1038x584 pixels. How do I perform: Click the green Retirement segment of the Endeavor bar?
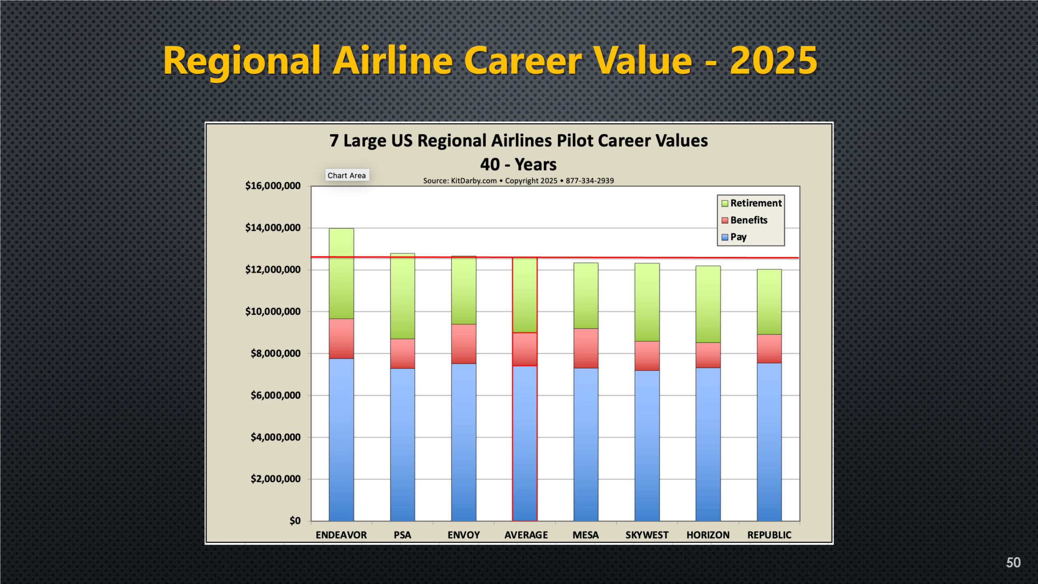[x=341, y=273]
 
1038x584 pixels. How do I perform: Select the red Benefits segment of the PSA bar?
[x=402, y=353]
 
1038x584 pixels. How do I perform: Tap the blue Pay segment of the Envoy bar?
[x=463, y=442]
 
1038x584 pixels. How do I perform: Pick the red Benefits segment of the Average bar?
[x=525, y=349]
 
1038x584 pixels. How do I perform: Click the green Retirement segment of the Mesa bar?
[x=585, y=296]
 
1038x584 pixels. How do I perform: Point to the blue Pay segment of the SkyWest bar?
[x=647, y=446]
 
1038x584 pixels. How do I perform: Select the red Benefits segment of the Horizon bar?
[x=708, y=355]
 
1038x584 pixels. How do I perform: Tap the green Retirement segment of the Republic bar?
[x=769, y=302]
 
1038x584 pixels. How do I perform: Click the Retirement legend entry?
[x=751, y=203]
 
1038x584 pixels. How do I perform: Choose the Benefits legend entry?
[x=744, y=220]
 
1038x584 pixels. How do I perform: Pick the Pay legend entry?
[x=734, y=237]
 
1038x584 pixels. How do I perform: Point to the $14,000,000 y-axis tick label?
[x=273, y=228]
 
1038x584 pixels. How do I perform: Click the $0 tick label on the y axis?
[x=295, y=521]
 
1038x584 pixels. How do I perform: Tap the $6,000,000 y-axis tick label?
[x=276, y=395]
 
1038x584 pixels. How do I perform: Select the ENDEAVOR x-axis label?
[x=341, y=535]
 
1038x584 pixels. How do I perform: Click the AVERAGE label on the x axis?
[x=526, y=535]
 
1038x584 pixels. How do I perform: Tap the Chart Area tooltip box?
[x=347, y=175]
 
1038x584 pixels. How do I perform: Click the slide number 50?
[x=1013, y=563]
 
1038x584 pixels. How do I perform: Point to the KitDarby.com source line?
[x=519, y=181]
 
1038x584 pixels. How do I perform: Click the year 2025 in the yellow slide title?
[x=773, y=60]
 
